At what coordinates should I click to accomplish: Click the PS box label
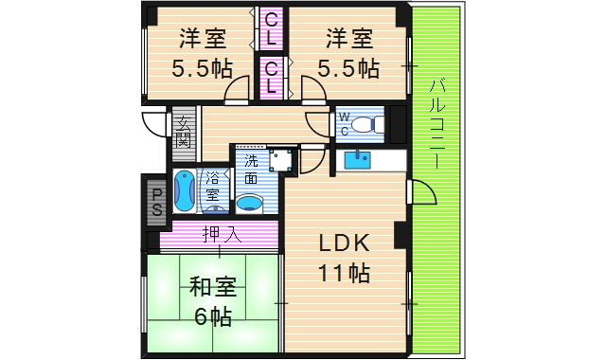coord(155,200)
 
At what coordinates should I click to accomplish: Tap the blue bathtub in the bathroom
coord(185,193)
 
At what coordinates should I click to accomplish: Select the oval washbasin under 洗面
coord(250,202)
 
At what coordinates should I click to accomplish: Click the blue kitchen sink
coord(359,160)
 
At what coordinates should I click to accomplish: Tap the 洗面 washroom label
coord(251,169)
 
